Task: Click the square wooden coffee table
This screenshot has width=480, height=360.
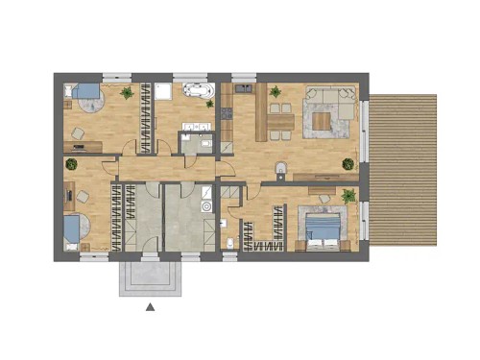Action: pyautogui.click(x=321, y=119)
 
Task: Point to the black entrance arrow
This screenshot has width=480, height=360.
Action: pyautogui.click(x=150, y=307)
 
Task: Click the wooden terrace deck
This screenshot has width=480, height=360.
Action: pyautogui.click(x=402, y=169)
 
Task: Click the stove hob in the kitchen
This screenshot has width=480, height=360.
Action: pyautogui.click(x=228, y=114)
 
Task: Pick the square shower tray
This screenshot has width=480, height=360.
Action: pyautogui.click(x=162, y=91)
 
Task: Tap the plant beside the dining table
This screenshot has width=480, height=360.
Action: pyautogui.click(x=276, y=92)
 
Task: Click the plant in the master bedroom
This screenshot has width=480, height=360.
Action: pyautogui.click(x=348, y=196)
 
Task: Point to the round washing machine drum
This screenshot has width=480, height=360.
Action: pyautogui.click(x=205, y=206)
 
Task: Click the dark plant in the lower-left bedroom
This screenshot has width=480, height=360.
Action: pyautogui.click(x=71, y=164)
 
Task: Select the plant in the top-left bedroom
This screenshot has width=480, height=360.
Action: pyautogui.click(x=127, y=93)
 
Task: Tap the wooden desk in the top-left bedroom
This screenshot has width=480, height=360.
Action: pyautogui.click(x=87, y=146)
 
